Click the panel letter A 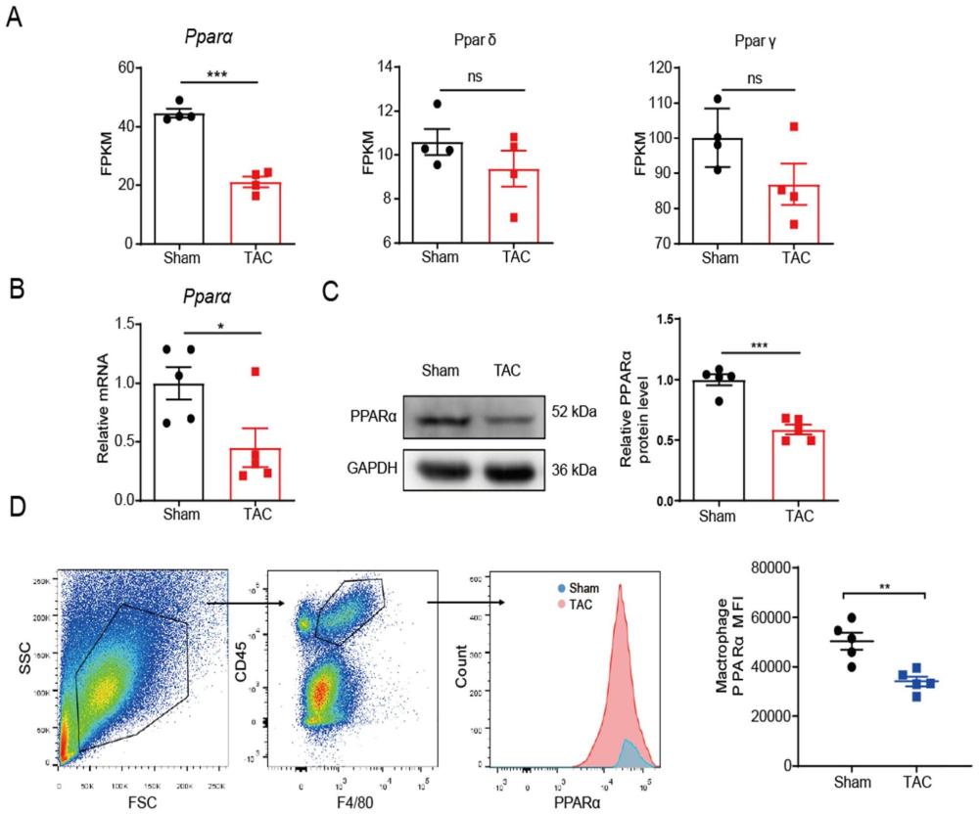[15, 17]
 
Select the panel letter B [15, 290]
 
